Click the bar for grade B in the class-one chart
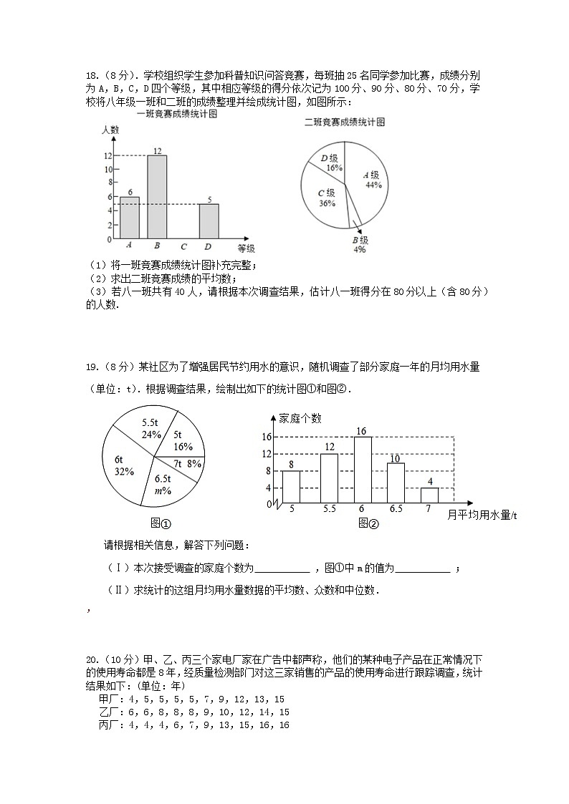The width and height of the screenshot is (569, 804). pos(157,197)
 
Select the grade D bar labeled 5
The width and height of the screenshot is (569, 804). pos(209,221)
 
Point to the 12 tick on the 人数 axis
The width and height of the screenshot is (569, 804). pos(107,156)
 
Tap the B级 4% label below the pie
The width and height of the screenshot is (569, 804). pos(360,245)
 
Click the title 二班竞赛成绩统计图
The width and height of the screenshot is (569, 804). pos(344,122)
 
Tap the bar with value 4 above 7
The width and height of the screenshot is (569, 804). pos(429,495)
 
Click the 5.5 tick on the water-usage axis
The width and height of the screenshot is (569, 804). pos(329,510)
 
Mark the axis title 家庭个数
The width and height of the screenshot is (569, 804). pos(300,418)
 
